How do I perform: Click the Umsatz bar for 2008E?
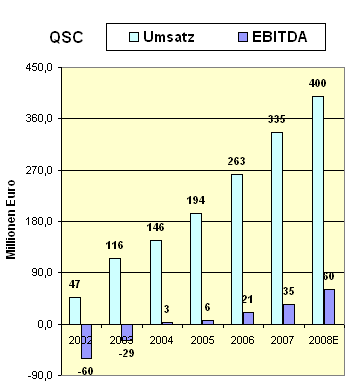coord(317,210)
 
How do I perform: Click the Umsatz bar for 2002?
coord(75,310)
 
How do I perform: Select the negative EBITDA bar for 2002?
coord(87,341)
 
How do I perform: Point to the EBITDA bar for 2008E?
coord(329,307)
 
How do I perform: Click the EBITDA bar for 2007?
coord(289,314)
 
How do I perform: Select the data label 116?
coord(115,247)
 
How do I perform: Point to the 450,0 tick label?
coord(38,67)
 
